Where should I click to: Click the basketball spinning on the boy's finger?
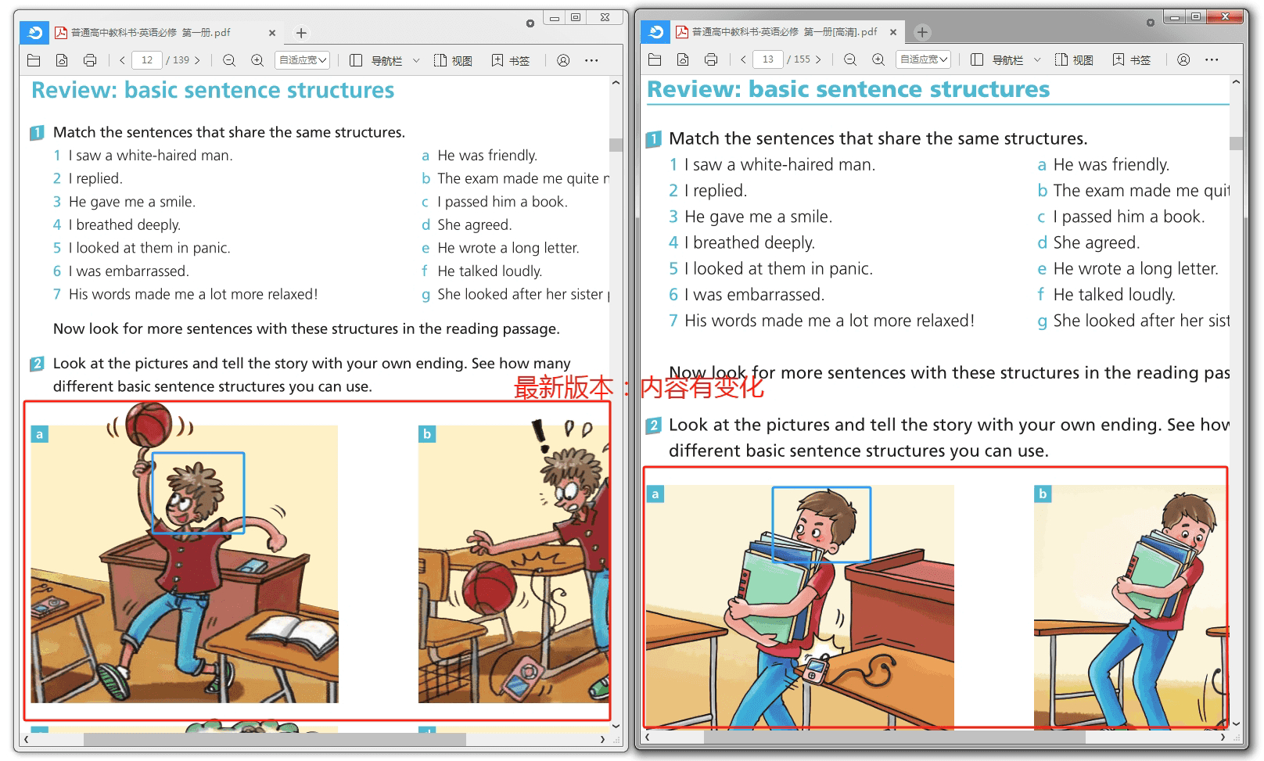point(149,424)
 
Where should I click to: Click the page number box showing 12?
point(147,59)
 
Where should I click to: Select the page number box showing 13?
point(767,59)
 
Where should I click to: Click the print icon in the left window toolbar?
point(90,59)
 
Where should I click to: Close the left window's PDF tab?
point(272,33)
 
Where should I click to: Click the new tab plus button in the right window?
point(922,32)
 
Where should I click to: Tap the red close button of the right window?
point(1225,17)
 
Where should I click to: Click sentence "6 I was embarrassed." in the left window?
point(120,271)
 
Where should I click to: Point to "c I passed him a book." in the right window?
point(1121,217)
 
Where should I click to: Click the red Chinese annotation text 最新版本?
point(563,388)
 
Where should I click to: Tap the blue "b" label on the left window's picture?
point(427,434)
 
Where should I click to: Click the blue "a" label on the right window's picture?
point(655,494)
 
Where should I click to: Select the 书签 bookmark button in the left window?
point(512,60)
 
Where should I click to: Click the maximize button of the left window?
point(576,17)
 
